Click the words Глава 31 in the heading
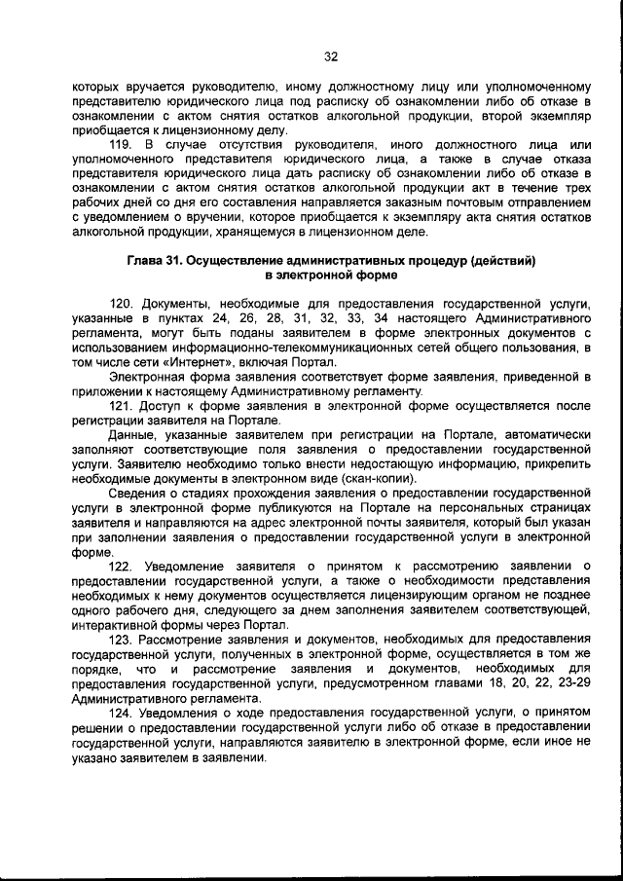click(153, 261)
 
